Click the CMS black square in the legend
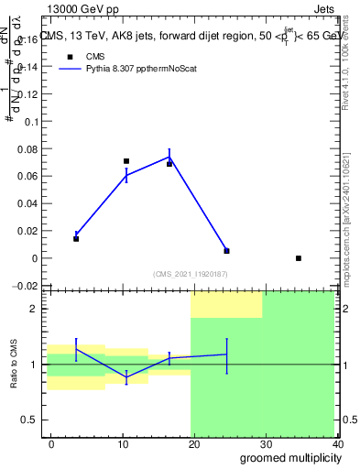coord(68,57)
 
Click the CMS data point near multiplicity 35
coord(299,258)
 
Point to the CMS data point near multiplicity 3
coord(76,239)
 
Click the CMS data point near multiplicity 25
coord(226,251)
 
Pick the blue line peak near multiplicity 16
coord(169,158)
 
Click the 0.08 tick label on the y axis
coord(27,148)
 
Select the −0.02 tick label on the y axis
coord(25,286)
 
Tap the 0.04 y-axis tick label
coord(27,203)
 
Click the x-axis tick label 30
coord(267,443)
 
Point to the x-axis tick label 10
coord(123,443)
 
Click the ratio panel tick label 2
coord(35,310)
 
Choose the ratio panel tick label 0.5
coord(30,420)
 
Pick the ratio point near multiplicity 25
coord(226,354)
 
